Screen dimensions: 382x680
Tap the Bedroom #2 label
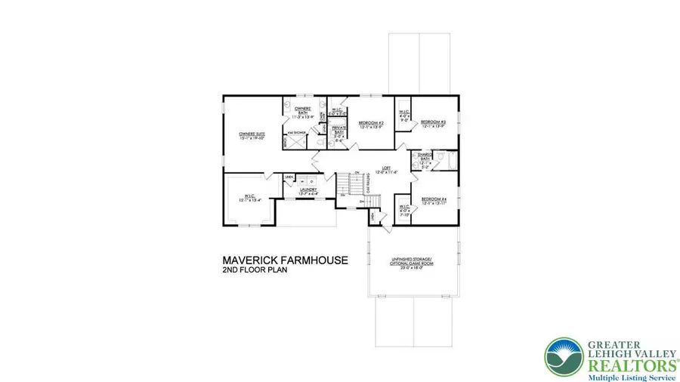[372, 123]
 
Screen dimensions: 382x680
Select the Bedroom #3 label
[434, 123]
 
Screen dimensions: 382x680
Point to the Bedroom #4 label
[434, 200]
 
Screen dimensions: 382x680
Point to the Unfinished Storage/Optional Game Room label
[412, 263]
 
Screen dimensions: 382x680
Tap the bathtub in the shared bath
[450, 160]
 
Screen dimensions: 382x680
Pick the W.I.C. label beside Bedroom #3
[403, 116]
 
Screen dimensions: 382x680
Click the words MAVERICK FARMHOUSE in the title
[285, 260]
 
